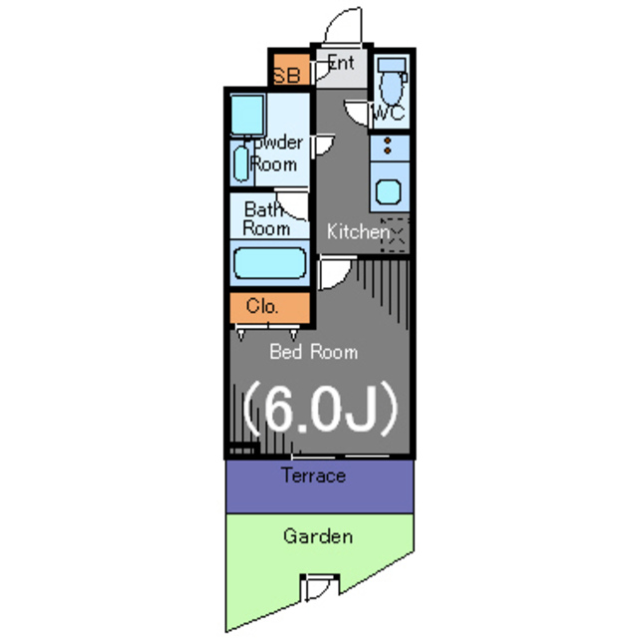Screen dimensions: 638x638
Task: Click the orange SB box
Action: pos(287,73)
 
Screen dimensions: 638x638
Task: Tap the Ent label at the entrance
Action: pos(340,63)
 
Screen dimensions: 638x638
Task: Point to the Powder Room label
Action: pos(275,153)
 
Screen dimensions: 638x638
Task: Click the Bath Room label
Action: pos(267,218)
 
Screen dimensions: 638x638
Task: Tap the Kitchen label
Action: pos(357,231)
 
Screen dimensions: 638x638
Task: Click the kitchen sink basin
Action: pos(388,190)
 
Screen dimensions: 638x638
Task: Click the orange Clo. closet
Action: pos(261,306)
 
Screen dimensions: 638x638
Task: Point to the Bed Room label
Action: pos(313,351)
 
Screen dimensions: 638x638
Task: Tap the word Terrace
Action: pos(313,476)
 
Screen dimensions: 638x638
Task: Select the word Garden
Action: pos(317,536)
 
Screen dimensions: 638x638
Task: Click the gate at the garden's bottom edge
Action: pos(319,588)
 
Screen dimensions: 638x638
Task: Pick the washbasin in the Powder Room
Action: pos(242,162)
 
